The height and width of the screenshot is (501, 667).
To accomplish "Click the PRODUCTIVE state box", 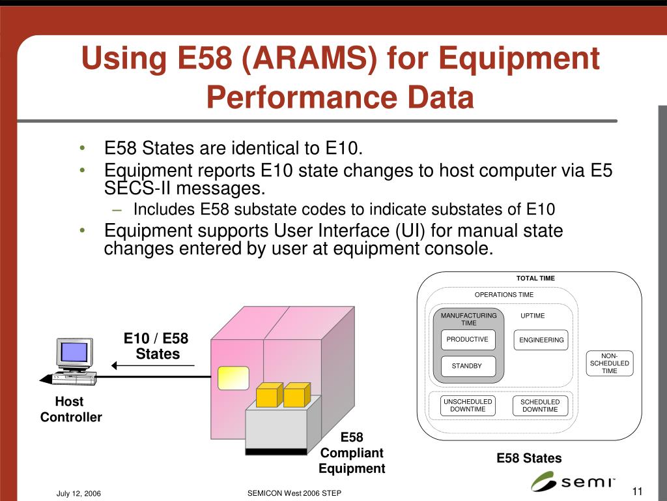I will (467, 340).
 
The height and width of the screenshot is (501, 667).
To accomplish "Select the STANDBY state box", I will (467, 366).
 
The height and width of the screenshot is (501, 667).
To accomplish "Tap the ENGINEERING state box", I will (541, 340).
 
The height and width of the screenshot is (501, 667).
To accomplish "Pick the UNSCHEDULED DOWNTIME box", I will (468, 405).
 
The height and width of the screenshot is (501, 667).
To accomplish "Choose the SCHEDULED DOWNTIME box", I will (540, 406).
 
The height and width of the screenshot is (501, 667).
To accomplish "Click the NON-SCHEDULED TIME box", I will (609, 363).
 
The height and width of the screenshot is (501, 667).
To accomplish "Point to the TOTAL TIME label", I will (535, 279).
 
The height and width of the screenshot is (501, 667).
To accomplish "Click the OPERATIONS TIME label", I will (504, 295).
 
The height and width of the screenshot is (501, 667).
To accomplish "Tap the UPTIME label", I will (533, 316).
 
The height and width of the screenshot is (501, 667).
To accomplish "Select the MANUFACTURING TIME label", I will (468, 319).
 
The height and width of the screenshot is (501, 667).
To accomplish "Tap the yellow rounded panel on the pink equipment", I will (233, 377).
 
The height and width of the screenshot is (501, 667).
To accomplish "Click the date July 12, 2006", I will (78, 494).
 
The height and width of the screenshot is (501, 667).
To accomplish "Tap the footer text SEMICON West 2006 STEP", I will (294, 494).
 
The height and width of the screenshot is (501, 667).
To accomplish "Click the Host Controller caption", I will (70, 409).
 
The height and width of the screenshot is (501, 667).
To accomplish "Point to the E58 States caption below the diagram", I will (529, 458).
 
